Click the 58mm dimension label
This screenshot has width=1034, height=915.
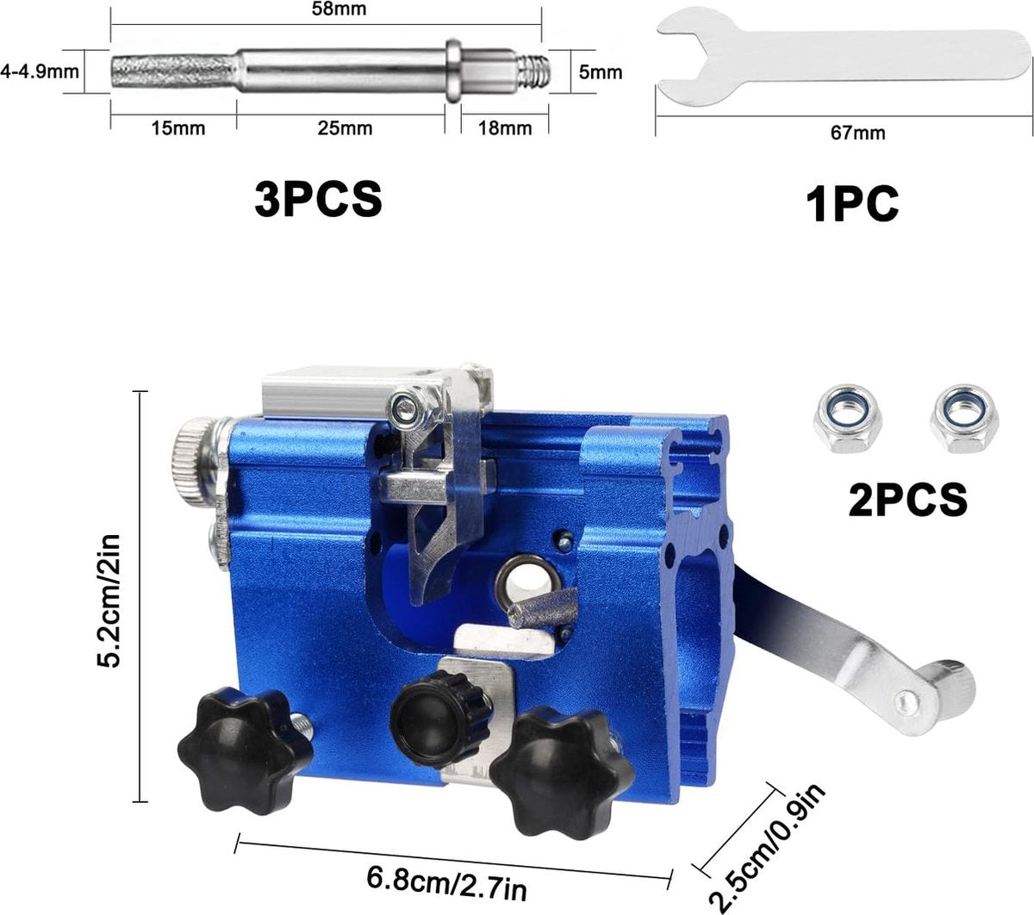(339, 9)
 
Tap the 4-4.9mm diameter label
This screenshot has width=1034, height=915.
(40, 72)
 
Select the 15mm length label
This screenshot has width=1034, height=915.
(178, 128)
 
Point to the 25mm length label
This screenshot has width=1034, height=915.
(345, 128)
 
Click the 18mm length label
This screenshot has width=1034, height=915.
(505, 128)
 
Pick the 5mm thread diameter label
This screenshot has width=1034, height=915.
(601, 72)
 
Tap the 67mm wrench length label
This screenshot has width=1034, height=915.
(857, 134)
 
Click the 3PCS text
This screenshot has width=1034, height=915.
(318, 199)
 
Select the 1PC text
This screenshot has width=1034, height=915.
(852, 203)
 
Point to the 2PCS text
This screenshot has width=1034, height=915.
(908, 499)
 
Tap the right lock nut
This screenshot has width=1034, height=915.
(964, 419)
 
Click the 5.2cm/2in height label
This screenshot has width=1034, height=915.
(109, 601)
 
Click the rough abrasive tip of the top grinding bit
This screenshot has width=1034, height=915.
(173, 72)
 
